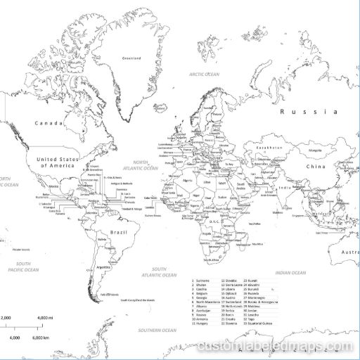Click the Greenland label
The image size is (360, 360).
tap(131, 58)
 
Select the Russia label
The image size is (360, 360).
tap(309, 112)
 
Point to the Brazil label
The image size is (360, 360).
tap(118, 231)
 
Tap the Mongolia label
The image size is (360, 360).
tap(315, 150)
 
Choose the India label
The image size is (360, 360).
tap(285, 188)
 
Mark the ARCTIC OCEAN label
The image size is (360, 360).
tap(205, 73)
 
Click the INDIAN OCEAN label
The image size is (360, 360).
tap(290, 272)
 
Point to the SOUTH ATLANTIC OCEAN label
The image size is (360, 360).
tap(159, 271)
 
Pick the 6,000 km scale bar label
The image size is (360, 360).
tap(40, 338)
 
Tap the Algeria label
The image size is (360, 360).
tap(187, 181)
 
